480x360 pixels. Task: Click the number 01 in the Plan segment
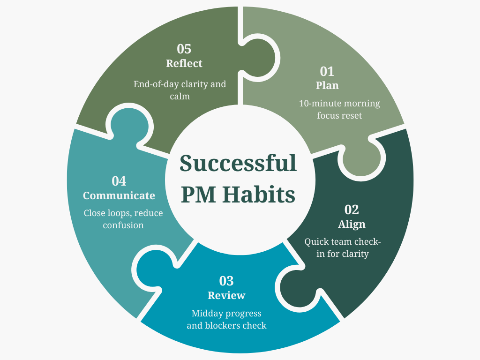pos(327,71)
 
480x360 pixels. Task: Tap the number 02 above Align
pos(352,210)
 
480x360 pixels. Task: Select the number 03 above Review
pos(226,281)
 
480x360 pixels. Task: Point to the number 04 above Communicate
pos(119,181)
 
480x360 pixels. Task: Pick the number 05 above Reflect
pos(184,49)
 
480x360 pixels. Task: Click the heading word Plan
pos(327,85)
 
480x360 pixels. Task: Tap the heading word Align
pos(352,224)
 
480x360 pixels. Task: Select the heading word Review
pos(226,295)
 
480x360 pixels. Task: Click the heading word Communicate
pos(119,195)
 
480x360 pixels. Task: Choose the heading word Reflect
pos(184,63)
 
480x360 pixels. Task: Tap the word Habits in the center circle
pos(266,194)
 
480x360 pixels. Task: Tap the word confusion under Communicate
pos(123,225)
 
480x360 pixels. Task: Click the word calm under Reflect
pos(180,97)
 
